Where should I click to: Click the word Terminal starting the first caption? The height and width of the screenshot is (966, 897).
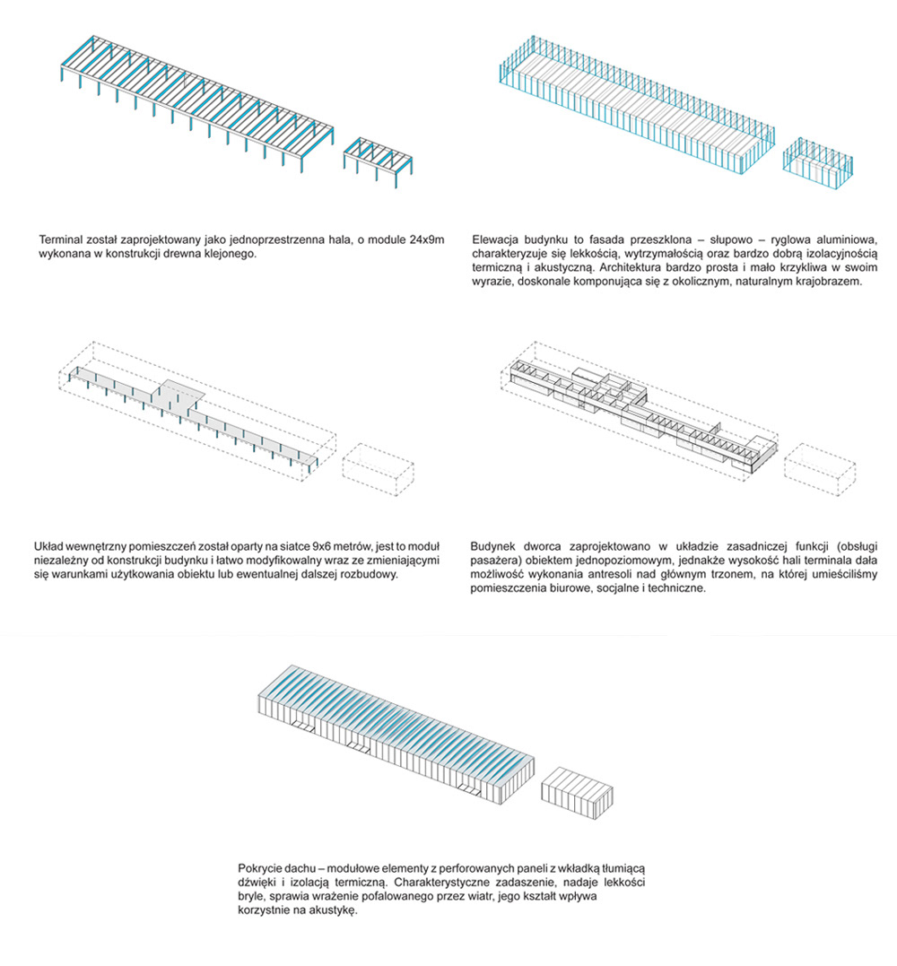tap(60, 239)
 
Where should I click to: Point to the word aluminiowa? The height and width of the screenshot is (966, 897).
tap(857, 239)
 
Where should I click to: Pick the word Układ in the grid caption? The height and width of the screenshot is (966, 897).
tap(49, 546)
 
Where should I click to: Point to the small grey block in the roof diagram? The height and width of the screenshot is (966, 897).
tap(579, 791)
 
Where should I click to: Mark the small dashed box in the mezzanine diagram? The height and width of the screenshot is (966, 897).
tap(817, 470)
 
